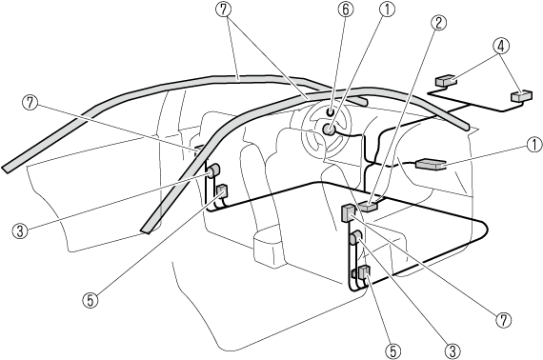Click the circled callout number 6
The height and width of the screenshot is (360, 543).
pos(346,10)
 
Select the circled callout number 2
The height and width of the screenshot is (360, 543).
pos(439,23)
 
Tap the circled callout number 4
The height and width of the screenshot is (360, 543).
pos(501,46)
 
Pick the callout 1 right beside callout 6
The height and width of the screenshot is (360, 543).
pos(387,10)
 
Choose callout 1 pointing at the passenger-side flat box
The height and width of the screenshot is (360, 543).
pos(534,145)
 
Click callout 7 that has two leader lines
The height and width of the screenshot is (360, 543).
pos(223,10)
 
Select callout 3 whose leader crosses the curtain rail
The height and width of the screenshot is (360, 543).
pos(20,230)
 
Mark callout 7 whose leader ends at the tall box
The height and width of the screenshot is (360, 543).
pos(504,320)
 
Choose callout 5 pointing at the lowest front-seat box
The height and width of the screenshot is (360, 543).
pos(392,351)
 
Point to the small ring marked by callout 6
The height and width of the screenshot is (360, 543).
pos(330,111)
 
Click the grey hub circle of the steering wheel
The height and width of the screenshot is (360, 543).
pos(329,130)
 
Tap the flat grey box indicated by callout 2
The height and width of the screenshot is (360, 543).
pos(368,206)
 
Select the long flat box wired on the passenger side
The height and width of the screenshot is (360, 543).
pos(431,164)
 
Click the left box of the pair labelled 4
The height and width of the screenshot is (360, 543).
pos(445,81)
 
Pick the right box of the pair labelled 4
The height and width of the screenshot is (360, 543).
pos(521,96)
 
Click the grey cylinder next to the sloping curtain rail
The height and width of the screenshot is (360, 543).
pos(213,170)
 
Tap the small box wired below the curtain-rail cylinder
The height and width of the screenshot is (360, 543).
pos(222,190)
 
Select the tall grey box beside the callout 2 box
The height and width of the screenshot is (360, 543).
pos(348,213)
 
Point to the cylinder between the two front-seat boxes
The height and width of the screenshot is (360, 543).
pos(355,237)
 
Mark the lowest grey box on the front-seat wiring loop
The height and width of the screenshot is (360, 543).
pos(364,272)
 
